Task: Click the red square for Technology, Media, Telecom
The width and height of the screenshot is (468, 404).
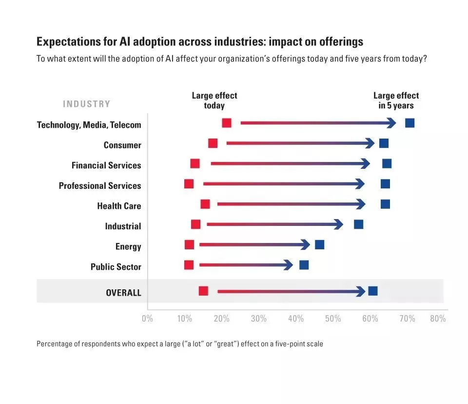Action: (227, 123)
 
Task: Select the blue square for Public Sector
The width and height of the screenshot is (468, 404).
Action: (304, 265)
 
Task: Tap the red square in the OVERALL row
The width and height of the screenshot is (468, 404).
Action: (203, 291)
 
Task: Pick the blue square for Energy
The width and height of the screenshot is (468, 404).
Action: (319, 245)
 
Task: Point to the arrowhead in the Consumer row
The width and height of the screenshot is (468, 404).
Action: (370, 143)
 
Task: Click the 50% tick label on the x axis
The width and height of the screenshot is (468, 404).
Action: (332, 319)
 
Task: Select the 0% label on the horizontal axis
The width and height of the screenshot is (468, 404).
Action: (147, 319)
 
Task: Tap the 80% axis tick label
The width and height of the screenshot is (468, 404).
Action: (438, 319)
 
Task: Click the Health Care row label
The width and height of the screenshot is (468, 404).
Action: (119, 206)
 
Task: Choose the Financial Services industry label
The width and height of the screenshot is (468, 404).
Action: (106, 165)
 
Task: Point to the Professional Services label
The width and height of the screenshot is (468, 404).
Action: (100, 186)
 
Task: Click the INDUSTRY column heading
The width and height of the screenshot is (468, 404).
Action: (86, 104)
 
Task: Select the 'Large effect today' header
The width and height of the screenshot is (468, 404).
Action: (214, 101)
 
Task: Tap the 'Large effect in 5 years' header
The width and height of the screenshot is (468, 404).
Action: (396, 101)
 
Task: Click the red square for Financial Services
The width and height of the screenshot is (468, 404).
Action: (195, 163)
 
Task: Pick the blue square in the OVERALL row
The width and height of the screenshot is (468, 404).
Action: (373, 291)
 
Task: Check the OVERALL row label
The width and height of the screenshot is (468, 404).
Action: (123, 293)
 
